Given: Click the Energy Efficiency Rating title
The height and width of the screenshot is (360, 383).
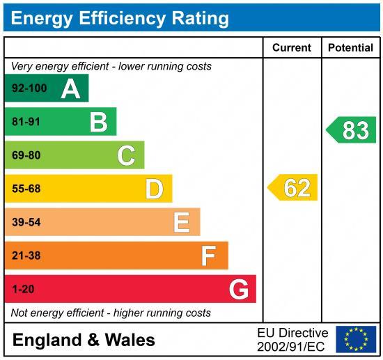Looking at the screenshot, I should [x=120, y=17].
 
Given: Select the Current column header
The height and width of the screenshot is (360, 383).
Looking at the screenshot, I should [x=292, y=48].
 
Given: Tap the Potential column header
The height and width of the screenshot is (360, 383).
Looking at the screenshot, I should [x=350, y=48].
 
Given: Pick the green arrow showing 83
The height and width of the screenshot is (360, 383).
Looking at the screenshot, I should [x=352, y=130].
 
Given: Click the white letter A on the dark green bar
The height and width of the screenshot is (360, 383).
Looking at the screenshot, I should [x=70, y=88].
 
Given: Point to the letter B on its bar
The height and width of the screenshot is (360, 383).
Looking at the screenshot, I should [x=98, y=123].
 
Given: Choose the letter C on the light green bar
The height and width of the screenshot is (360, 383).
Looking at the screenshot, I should [x=126, y=155].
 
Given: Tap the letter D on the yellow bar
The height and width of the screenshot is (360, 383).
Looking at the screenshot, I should [x=154, y=189].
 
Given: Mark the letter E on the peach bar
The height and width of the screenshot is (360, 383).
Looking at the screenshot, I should [x=182, y=222].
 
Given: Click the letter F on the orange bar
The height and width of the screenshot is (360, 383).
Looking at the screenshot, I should [x=209, y=256].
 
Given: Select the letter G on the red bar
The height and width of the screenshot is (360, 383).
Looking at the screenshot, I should [x=238, y=289].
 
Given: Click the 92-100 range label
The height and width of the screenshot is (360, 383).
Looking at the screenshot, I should [x=29, y=89].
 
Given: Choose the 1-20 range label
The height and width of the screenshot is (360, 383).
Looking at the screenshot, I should [x=22, y=289].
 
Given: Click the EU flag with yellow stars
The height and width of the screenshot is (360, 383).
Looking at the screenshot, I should [x=356, y=339].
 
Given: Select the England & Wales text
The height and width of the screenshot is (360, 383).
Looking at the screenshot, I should [x=84, y=340].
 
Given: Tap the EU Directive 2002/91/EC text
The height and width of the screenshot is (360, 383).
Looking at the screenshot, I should [x=292, y=339].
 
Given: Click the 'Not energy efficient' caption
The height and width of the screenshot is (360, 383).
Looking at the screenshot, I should [x=111, y=313].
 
